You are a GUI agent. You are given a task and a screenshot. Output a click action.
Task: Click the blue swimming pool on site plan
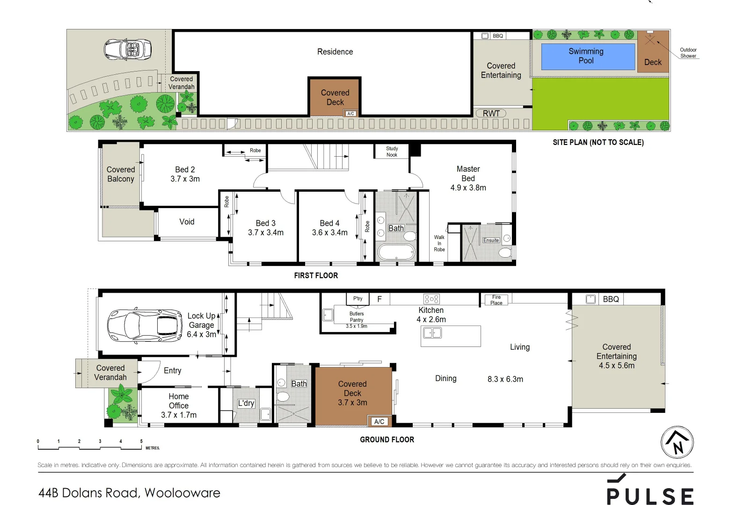pyautogui.click(x=588, y=57)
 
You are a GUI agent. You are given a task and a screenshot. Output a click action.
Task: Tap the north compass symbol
pyautogui.click(x=677, y=442)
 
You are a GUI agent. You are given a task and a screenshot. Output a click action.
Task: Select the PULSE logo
pyautogui.click(x=650, y=491)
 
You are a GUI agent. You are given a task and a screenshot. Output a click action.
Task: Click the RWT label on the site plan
pyautogui.click(x=491, y=113)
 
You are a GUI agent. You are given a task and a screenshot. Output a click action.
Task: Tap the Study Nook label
pyautogui.click(x=392, y=151)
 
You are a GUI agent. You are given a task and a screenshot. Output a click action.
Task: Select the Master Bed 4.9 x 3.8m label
pyautogui.click(x=468, y=178)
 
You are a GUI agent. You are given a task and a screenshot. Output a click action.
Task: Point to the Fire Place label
pyautogui.click(x=496, y=300)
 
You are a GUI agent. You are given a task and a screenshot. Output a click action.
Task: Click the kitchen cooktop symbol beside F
pyautogui.click(x=431, y=299)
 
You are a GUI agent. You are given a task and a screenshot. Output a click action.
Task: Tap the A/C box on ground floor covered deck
pyautogui.click(x=379, y=421)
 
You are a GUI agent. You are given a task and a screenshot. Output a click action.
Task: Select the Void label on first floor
pyautogui.click(x=187, y=222)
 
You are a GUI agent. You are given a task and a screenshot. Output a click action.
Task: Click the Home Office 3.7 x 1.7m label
pyautogui.click(x=179, y=405)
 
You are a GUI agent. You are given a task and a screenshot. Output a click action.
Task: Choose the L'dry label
pyautogui.click(x=246, y=403)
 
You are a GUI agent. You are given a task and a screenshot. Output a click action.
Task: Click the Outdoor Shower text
pyautogui.click(x=688, y=53)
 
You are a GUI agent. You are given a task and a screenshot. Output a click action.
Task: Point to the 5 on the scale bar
pyautogui.click(x=141, y=441)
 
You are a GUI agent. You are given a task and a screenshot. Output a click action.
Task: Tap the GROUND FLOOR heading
pyautogui.click(x=387, y=440)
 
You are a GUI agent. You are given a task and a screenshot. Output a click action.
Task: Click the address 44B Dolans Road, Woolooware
pyautogui.click(x=129, y=493)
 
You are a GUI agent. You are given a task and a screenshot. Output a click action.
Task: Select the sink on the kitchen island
pyautogui.click(x=432, y=333)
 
